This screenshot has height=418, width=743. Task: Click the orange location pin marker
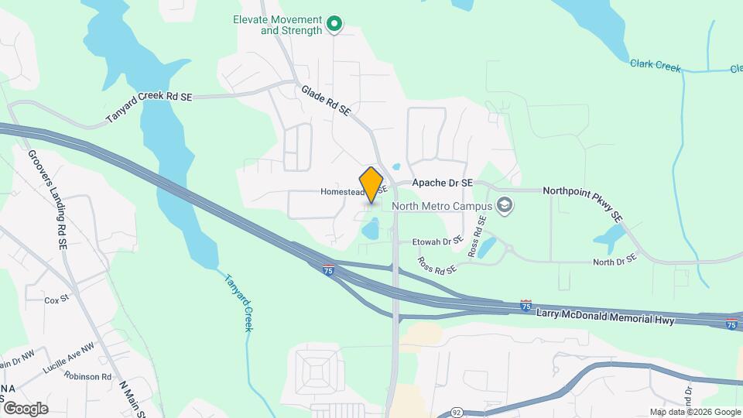click(371, 184)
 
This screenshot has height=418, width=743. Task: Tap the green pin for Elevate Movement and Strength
click(334, 25)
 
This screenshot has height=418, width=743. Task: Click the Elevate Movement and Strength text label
click(279, 25)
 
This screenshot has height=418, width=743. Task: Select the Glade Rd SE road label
click(326, 101)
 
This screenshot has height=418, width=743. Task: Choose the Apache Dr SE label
click(442, 182)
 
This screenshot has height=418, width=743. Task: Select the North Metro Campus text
click(442, 207)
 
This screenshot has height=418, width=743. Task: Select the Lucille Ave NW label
click(68, 358)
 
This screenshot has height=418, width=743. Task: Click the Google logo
click(25, 408)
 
